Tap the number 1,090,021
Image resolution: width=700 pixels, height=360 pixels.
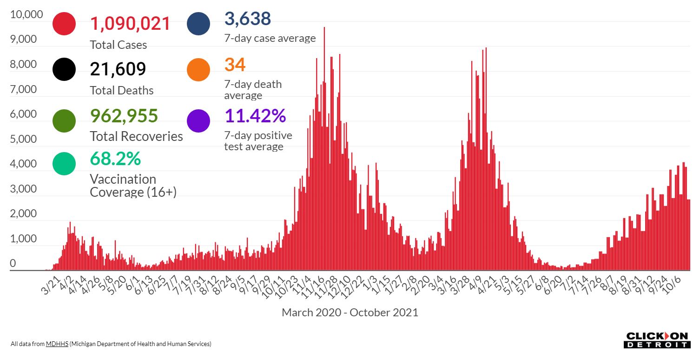[130, 24]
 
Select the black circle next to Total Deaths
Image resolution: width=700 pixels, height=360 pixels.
[64, 69]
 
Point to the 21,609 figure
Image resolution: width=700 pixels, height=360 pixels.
[118, 69]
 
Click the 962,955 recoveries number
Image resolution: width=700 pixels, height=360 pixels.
[124, 116]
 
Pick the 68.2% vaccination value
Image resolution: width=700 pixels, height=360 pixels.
[115, 159]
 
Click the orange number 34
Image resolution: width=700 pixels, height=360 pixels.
[235, 65]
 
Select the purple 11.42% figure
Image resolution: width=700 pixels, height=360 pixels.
[255, 116]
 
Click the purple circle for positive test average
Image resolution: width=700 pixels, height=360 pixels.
[198, 120]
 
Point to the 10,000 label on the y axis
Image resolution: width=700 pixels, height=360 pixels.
[26, 15]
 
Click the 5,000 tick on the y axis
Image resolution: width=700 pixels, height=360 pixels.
[23, 140]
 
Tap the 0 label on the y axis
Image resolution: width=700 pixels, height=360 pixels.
[13, 264]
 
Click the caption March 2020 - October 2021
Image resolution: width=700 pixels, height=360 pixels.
[350, 313]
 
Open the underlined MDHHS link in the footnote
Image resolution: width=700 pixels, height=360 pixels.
[57, 344]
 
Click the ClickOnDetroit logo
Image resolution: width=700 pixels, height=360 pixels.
[657, 340]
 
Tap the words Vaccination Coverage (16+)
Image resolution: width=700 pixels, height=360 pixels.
[133, 186]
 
